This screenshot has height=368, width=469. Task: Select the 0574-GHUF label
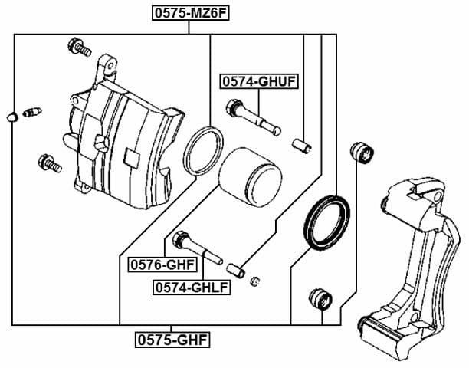tap(259, 80)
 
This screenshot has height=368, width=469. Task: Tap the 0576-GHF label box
tap(162, 264)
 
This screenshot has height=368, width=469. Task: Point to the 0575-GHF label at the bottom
tap(172, 337)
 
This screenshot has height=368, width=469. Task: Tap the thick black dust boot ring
tap(328, 222)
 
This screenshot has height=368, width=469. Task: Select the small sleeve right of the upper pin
tap(303, 143)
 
